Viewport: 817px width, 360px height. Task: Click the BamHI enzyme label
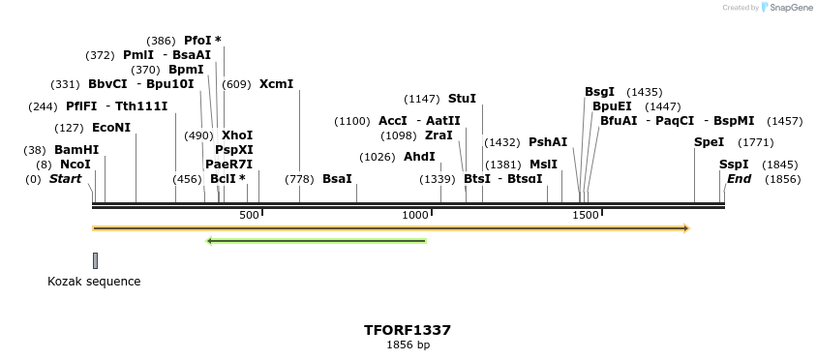76,150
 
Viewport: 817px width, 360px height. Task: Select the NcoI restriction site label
76,165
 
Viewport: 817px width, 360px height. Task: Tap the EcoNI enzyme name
111,128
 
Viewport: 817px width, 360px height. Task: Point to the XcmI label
276,84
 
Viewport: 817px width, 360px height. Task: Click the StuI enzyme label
462,99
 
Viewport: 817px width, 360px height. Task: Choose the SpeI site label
709,142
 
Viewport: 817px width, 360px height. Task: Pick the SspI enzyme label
735,165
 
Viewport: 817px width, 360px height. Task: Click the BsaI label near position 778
337,179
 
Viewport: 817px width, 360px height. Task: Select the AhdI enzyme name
419,157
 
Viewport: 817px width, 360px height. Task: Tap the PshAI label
548,142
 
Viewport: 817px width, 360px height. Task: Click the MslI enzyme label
543,165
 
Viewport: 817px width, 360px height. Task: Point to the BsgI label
599,92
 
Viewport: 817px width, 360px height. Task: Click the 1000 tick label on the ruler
415,215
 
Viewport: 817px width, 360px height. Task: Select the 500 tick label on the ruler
249,215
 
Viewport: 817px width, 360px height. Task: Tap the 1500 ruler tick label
586,215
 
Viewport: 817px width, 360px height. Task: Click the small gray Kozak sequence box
95,260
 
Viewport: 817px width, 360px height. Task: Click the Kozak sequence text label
94,282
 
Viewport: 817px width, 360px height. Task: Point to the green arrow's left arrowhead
210,241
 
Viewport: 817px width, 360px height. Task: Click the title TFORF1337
408,330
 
